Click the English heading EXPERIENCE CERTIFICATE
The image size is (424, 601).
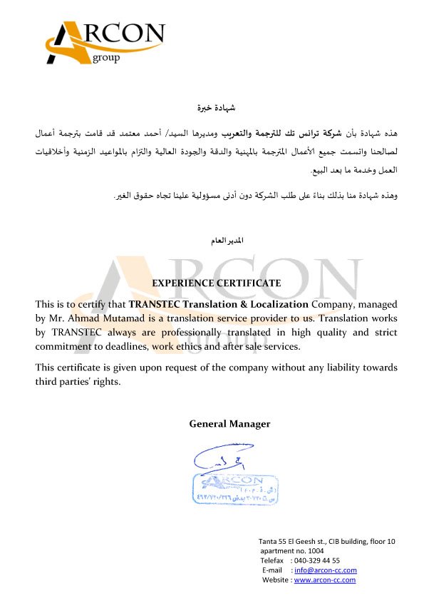click(x=217, y=283)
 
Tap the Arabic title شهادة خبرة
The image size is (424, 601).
click(x=217, y=108)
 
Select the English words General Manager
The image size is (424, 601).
click(x=229, y=424)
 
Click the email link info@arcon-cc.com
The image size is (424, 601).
click(x=325, y=570)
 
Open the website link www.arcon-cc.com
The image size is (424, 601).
click(x=324, y=580)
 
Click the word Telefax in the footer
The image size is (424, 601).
click(x=273, y=561)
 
